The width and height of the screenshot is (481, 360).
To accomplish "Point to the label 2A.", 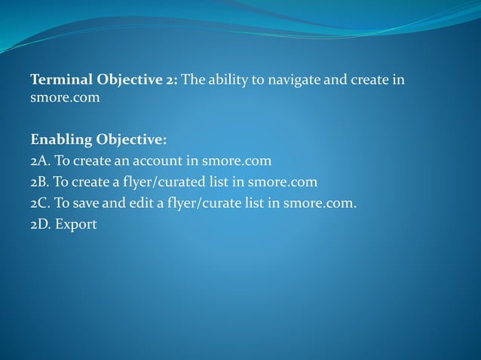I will coord(40,161).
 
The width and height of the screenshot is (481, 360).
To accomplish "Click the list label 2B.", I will coord(40,182).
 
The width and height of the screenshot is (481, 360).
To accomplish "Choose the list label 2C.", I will coord(40,203).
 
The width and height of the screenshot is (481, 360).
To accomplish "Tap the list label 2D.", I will coord(41,224).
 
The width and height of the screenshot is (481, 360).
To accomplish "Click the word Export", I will coord(75,224).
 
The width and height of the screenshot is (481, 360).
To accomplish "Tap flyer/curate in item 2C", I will coord(204,203).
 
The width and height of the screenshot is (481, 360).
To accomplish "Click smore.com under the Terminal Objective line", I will coord(65,98).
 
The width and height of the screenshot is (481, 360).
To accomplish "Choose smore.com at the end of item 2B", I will coord(283,182).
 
